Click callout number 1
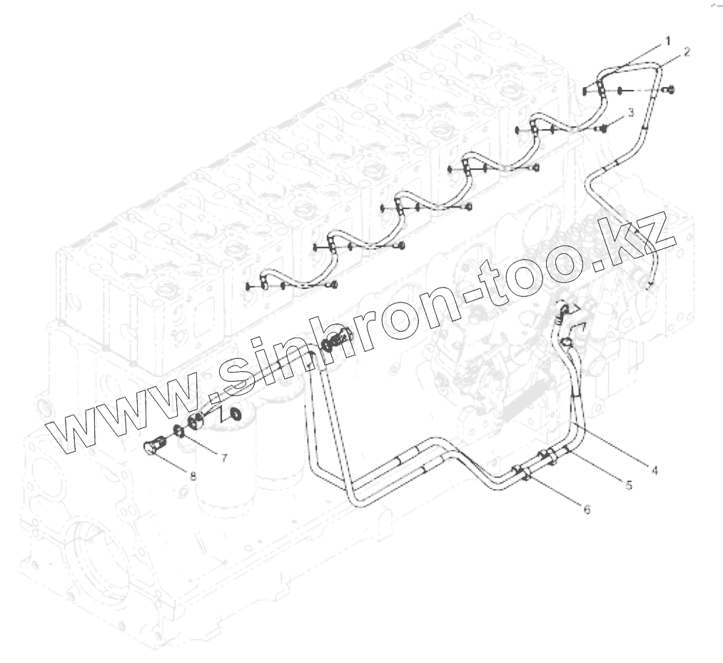pos(667,41)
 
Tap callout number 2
pos(686,52)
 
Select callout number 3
pos(630,113)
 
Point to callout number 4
pos(654,470)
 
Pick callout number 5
pos(628,485)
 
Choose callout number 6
pos(587,510)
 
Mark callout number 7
pos(223,458)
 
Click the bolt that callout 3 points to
pos(604,128)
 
